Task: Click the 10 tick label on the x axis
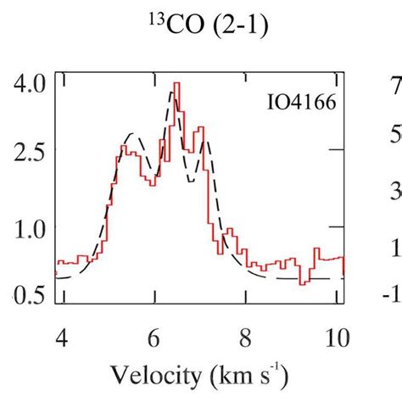pos(337,336)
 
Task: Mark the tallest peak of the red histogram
pos(176,85)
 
